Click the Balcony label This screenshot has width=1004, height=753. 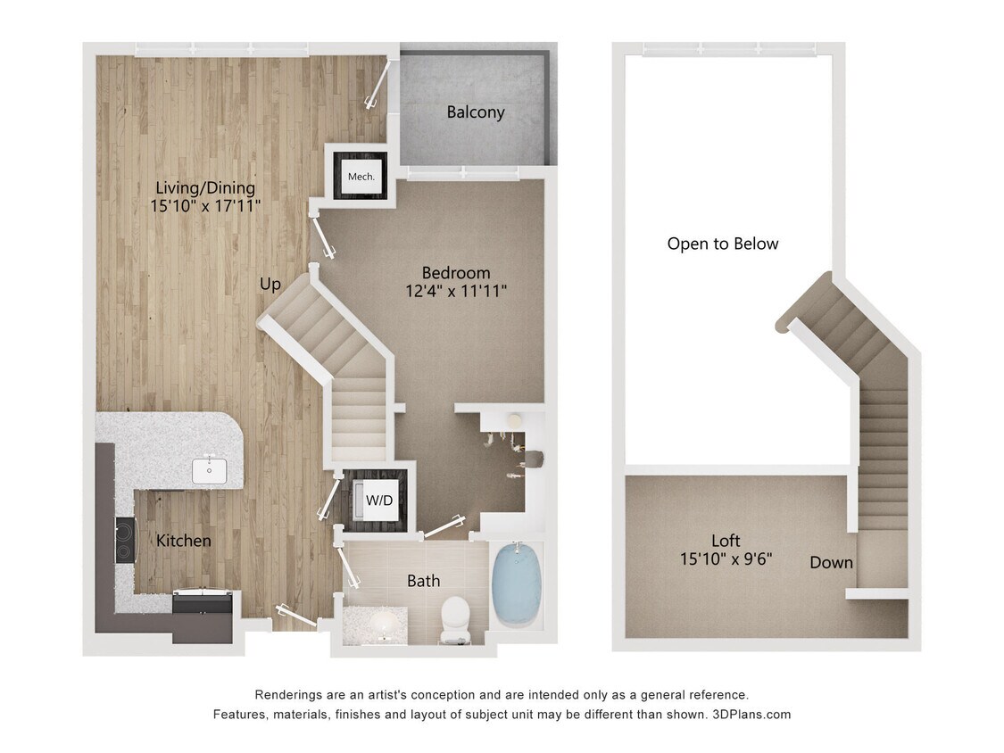pos(476,112)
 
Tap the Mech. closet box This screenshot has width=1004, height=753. pos(361,176)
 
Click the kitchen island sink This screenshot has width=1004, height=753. pos(210,469)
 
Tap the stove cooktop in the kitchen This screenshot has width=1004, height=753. pos(125,539)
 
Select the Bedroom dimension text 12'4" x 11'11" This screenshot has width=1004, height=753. pos(457,291)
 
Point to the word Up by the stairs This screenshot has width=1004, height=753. pos(270,285)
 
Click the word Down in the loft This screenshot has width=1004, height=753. pos(831,563)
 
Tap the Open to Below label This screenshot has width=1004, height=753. pos(723,244)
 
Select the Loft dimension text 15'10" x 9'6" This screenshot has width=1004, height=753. pos(726,559)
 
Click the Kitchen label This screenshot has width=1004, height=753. pos(184,541)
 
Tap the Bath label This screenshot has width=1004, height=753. pos(423,582)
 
